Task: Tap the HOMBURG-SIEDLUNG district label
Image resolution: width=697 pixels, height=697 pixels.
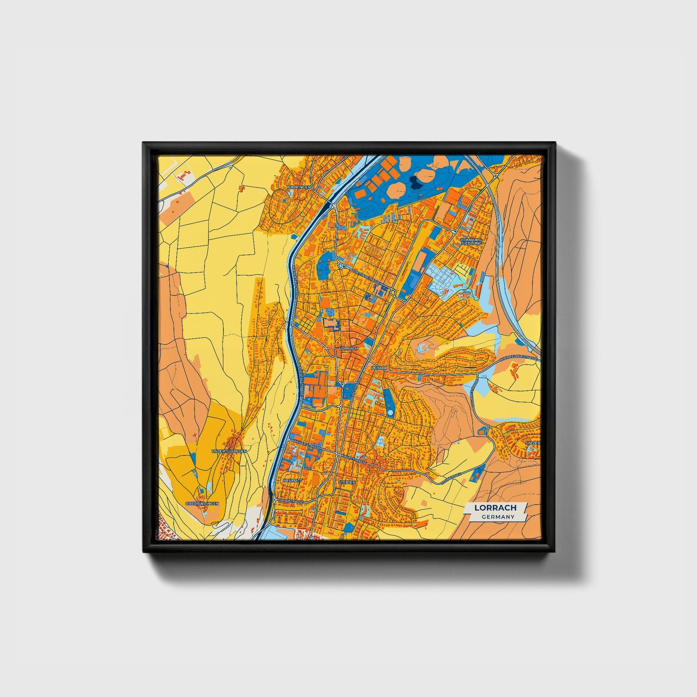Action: (x=471, y=241)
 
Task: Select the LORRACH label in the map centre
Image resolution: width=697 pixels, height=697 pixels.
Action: (x=348, y=348)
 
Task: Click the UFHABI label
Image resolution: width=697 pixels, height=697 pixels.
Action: (x=379, y=368)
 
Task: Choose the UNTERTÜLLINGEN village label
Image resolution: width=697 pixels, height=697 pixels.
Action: (x=229, y=451)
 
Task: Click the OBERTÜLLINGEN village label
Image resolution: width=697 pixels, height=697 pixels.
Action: (x=202, y=504)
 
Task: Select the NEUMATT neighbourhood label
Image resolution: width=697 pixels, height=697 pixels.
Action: (x=293, y=481)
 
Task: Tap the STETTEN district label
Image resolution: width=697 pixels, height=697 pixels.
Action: (x=347, y=482)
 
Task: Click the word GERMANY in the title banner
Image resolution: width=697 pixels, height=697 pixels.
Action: (x=498, y=517)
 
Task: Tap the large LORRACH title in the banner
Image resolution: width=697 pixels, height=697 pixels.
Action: (x=495, y=507)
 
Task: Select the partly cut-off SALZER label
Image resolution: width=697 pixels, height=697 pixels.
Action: (x=533, y=442)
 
